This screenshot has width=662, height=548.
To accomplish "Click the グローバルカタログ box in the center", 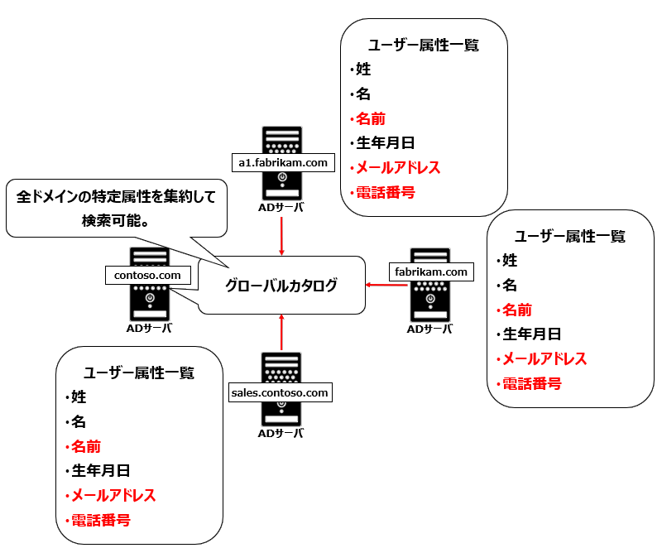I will point(281,286).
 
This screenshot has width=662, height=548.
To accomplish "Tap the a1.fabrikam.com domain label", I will point(283,163).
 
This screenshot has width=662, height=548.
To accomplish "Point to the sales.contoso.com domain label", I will point(281,392).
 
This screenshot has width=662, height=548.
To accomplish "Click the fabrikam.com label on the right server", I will point(429,272).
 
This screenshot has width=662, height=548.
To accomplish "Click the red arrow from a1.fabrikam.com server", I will point(281,236).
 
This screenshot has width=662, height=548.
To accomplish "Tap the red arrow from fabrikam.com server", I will point(386,286).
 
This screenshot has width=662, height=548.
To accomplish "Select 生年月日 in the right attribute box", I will point(532,334).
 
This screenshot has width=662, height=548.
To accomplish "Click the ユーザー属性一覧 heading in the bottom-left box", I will point(139,373).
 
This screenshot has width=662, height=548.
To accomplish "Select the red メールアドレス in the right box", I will point(544,359).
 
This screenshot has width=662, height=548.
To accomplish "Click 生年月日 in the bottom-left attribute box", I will point(100,471).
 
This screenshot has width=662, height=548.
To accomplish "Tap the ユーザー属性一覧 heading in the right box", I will point(570,236).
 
